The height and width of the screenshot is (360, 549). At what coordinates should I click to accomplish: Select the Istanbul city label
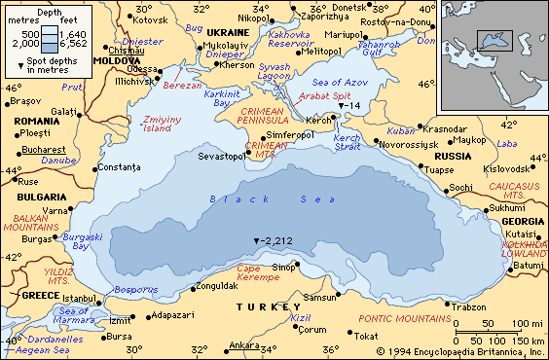pyautogui.click(x=79, y=297)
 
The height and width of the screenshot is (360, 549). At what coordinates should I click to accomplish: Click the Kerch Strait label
pyautogui.click(x=348, y=144)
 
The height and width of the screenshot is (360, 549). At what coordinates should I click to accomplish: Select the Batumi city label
pyautogui.click(x=529, y=265)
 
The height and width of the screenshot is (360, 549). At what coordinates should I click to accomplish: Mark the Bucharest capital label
pyautogui.click(x=43, y=150)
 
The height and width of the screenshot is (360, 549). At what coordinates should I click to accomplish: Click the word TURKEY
pyautogui.click(x=268, y=306)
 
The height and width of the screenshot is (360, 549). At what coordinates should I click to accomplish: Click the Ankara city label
pyautogui.click(x=243, y=345)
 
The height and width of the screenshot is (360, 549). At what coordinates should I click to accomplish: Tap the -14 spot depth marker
pyautogui.click(x=348, y=105)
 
